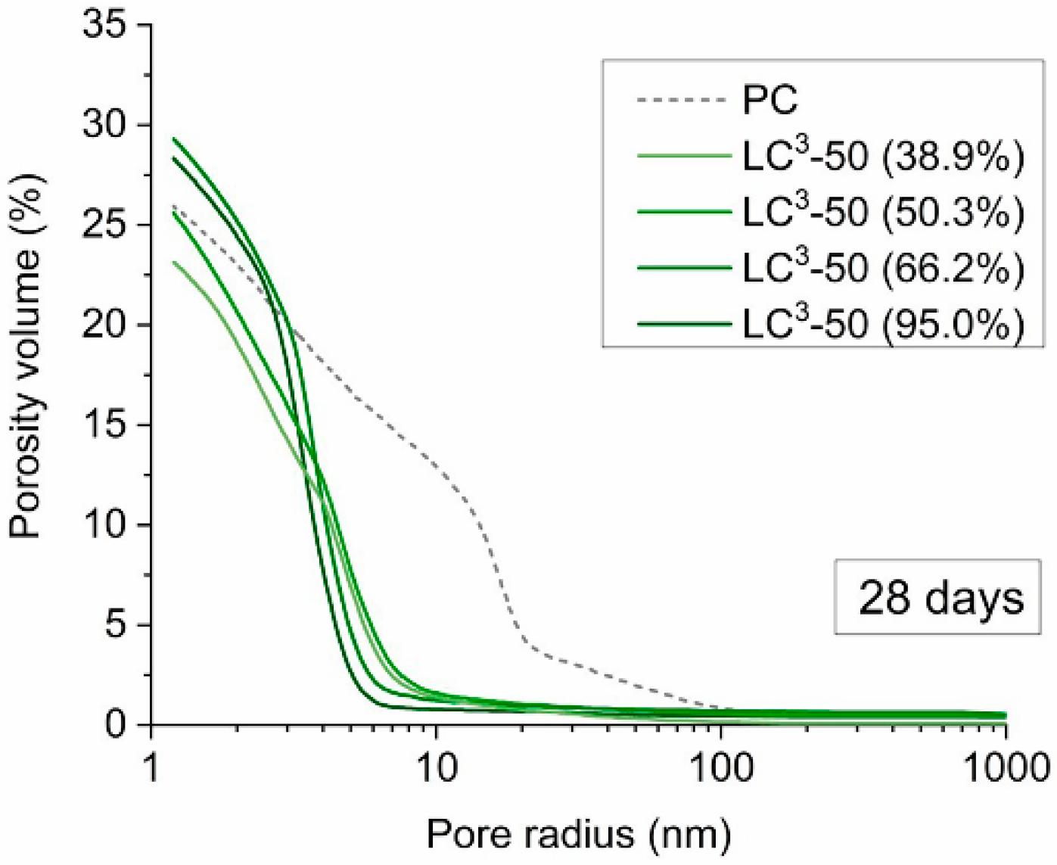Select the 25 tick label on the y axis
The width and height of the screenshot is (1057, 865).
click(105, 225)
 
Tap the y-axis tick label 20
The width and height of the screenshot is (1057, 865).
click(105, 325)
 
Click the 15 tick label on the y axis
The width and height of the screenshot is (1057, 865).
click(105, 425)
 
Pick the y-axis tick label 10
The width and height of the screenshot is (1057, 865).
click(105, 524)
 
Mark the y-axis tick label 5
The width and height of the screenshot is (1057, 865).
click(117, 624)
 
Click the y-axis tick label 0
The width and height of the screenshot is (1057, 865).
click(117, 724)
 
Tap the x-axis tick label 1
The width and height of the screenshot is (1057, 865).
click(151, 768)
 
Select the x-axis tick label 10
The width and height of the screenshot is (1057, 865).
click(437, 768)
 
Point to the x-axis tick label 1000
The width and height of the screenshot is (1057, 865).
click(1005, 768)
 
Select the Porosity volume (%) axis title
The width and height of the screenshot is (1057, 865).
click(26, 356)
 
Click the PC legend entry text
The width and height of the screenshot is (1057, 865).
click(769, 99)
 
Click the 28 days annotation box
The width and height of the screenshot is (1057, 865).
click(938, 597)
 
